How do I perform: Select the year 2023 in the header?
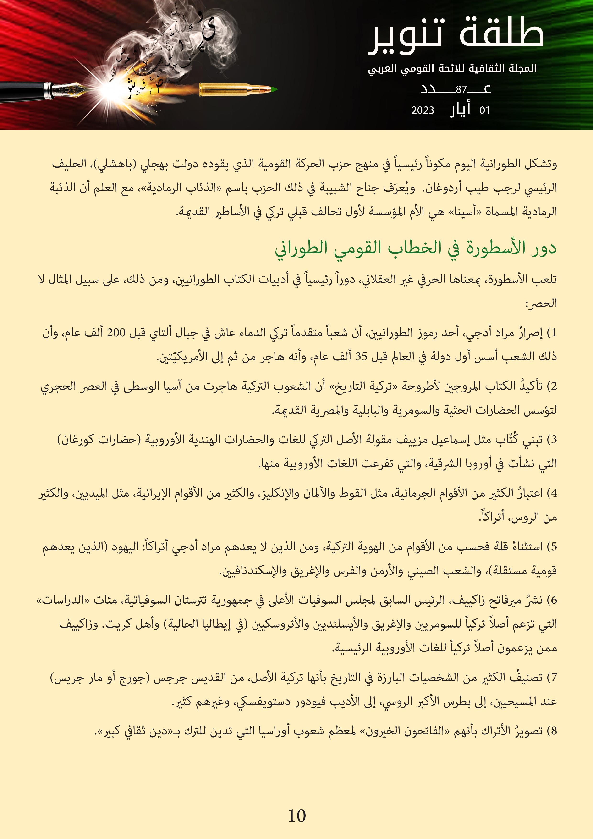click(x=423, y=110)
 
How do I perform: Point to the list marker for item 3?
click(x=553, y=440)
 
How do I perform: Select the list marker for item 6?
click(x=553, y=600)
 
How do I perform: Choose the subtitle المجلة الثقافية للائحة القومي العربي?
click(x=452, y=68)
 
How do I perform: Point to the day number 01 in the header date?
click(x=484, y=110)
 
